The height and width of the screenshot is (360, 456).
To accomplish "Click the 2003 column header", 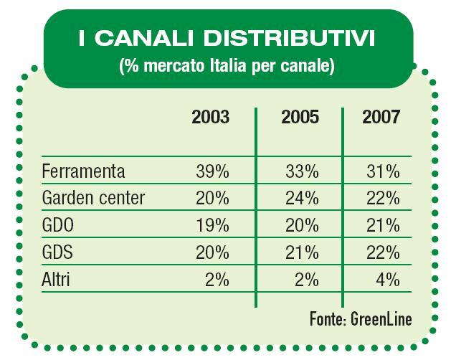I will tap(211, 117).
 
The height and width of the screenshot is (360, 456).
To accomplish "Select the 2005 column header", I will tap(300, 117).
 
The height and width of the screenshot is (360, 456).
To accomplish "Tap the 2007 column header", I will tap(381, 117).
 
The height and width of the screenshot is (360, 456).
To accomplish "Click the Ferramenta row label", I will tap(83, 171).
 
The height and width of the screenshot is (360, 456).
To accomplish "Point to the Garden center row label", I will tap(93, 198).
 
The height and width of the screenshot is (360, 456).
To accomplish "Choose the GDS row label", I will tap(58, 252).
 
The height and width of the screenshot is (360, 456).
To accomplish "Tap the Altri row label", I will tap(57, 280).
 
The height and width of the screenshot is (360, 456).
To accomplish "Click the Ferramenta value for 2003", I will tap(212, 171).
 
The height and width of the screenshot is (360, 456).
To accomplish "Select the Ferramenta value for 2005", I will tap(301, 171).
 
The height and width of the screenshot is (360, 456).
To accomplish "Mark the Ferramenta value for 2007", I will tap(382, 171).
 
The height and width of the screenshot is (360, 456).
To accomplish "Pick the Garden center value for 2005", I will tap(301, 198).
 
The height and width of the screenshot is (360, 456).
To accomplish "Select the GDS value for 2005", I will tap(301, 252).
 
